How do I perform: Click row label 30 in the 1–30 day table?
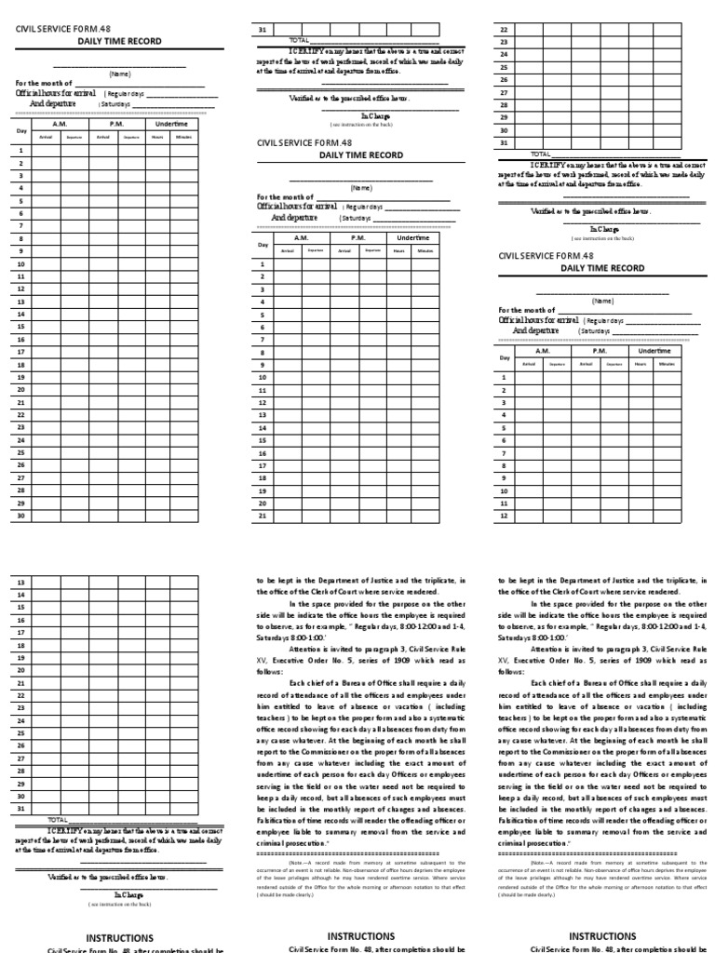point(20,514)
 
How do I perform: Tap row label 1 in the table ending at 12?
point(504,377)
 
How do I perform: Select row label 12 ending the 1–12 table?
point(504,515)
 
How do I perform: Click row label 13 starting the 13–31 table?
point(20,582)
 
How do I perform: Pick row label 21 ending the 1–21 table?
point(263,515)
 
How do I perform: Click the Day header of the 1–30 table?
point(22,130)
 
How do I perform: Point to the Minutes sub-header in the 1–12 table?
point(667,364)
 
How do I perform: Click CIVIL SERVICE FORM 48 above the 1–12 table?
point(546,255)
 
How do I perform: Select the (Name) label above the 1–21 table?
point(361,187)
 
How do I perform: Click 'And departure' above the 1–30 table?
point(57,104)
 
